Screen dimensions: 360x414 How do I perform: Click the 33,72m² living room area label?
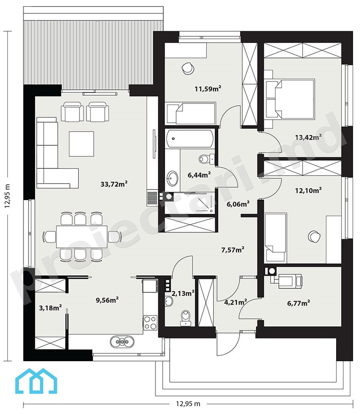[x=114, y=184]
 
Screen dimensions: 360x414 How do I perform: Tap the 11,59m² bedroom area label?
[x=208, y=88]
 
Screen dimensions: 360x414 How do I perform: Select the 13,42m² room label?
[x=308, y=137]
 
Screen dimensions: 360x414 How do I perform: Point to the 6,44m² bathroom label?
[x=199, y=174]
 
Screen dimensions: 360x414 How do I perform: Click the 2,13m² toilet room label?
[x=183, y=293]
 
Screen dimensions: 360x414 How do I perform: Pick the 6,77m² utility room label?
[x=298, y=303]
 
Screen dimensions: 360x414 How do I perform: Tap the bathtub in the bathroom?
[x=190, y=138]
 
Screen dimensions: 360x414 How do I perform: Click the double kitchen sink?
[x=122, y=342]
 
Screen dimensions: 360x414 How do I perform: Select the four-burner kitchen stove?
[x=150, y=322]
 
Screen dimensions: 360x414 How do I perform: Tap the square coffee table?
[x=81, y=144]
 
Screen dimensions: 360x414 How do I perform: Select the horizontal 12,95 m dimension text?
[x=188, y=404]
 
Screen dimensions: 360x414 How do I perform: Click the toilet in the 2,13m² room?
[x=186, y=317]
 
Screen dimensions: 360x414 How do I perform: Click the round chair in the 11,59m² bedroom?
[x=188, y=69]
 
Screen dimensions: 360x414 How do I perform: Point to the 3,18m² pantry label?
[x=51, y=308]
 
